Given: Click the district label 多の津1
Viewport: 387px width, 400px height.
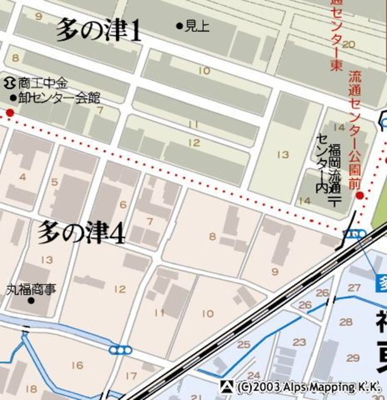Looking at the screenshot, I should [x=99, y=29].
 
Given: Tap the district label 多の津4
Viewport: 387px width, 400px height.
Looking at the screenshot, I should [x=81, y=232].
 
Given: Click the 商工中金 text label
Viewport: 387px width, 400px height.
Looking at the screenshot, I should [x=43, y=82].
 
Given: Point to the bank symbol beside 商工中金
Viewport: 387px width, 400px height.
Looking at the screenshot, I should [x=10, y=82].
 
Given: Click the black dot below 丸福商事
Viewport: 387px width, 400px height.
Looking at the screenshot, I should [x=31, y=301].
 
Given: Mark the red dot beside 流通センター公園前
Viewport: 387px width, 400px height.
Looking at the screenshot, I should [x=359, y=196].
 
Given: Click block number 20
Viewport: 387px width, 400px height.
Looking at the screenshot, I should [x=349, y=44].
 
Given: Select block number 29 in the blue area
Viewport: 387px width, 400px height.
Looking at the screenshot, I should [x=353, y=358].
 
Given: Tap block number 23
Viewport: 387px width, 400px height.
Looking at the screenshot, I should [x=299, y=342].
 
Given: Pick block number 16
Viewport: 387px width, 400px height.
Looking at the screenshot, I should [x=77, y=365].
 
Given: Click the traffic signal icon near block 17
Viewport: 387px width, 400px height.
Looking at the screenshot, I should [x=119, y=350].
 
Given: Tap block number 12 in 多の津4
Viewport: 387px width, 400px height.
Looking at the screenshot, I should [x=120, y=289].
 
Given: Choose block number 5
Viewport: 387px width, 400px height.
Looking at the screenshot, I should [x=54, y=182].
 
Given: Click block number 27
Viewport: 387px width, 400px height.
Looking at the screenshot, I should [x=354, y=287].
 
